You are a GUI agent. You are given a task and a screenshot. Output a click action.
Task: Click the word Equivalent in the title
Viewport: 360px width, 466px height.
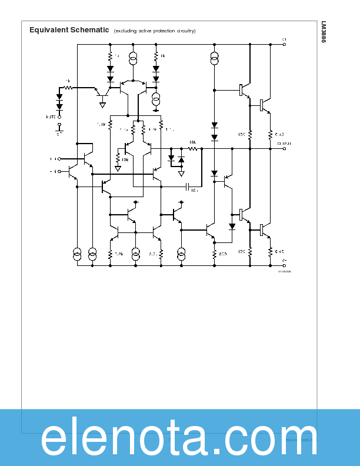coord(49,29)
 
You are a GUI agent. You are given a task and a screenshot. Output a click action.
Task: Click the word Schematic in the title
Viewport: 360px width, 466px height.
coord(89,29)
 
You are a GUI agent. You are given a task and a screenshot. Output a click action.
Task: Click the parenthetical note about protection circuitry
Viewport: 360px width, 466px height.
coord(155,31)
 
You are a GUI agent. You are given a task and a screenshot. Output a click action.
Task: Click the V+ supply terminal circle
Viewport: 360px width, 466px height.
coord(285,44)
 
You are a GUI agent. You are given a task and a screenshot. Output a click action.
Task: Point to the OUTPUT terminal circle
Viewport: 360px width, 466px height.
coord(285,148)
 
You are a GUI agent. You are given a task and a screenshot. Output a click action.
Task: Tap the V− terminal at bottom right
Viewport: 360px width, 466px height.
coord(285,265)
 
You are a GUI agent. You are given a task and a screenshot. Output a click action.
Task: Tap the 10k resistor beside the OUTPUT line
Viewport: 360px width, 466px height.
coord(192,148)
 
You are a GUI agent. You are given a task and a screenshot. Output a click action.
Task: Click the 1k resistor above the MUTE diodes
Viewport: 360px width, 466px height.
coord(68,88)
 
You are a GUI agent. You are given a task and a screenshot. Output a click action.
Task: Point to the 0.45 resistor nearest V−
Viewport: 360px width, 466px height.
coord(271,252)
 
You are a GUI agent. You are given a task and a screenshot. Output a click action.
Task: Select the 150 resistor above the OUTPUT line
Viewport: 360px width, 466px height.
coord(250,135)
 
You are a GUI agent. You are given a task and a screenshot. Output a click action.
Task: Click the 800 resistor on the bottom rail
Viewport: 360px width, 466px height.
coord(214,254)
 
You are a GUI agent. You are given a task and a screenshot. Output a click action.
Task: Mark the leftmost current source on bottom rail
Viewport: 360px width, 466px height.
coord(77,254)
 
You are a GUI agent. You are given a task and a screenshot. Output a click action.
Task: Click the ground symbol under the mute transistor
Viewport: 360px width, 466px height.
coord(103,105)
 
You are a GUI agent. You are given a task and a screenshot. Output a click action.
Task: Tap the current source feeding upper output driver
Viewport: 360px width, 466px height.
coord(214,59)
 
